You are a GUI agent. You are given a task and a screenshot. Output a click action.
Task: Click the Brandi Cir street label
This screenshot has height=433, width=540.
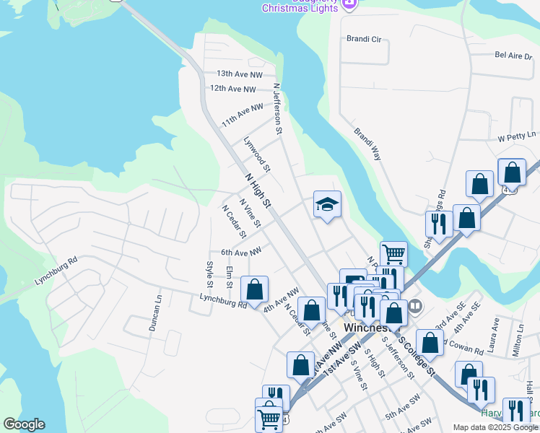[x=363, y=39]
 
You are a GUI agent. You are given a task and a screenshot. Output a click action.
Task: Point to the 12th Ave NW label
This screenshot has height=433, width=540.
[x=232, y=89]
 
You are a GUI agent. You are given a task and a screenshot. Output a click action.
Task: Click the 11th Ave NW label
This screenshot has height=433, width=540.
[x=242, y=115]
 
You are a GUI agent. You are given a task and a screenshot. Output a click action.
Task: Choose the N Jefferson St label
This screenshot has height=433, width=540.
[x=276, y=109]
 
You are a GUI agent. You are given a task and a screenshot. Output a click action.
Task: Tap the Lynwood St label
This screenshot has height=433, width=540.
[x=256, y=154]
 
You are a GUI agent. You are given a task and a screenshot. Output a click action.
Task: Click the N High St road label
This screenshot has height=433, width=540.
[x=257, y=191]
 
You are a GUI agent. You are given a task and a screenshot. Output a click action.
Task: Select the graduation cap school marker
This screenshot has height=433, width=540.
[x=327, y=205]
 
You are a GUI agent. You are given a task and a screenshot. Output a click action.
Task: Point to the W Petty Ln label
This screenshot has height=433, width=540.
[x=518, y=136]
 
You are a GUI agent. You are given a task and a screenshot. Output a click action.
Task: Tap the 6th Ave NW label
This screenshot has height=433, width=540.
[x=241, y=252]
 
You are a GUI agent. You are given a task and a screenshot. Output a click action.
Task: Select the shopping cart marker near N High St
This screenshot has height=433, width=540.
[x=393, y=253]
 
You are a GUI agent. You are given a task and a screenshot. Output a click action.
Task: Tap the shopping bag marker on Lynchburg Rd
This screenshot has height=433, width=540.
[x=254, y=290]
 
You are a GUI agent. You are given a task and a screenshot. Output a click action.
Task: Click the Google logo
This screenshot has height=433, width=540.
[x=24, y=424]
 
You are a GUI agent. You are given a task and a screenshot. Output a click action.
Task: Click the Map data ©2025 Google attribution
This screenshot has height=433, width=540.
[x=495, y=427]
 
